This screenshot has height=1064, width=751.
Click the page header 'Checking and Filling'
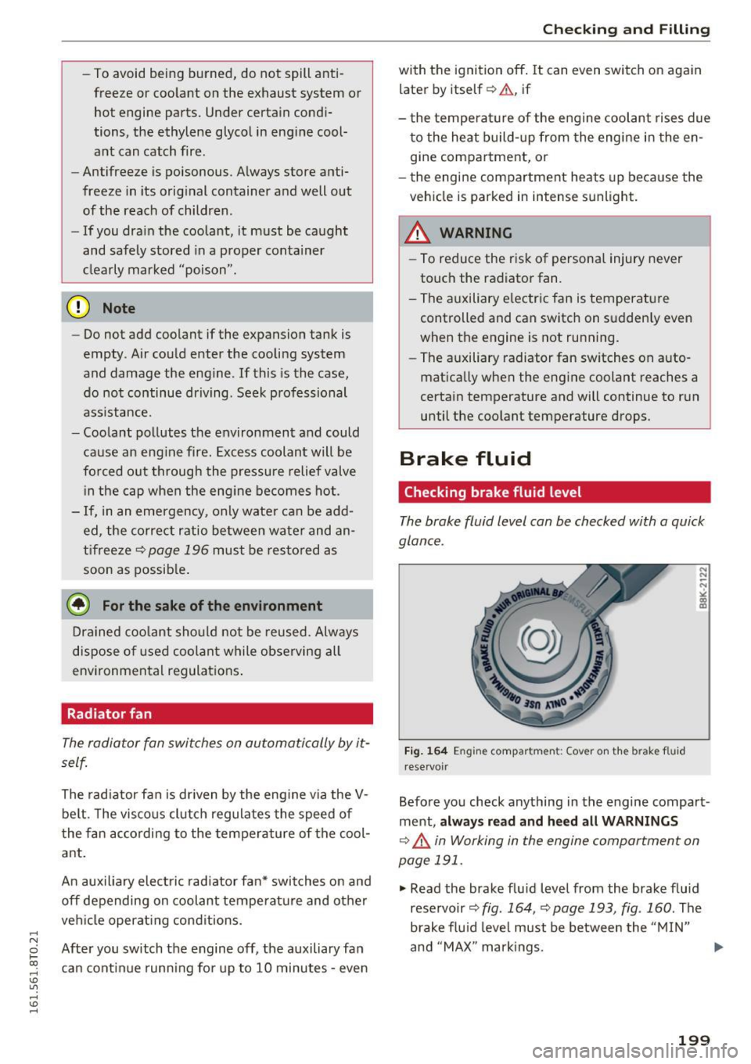(626, 30)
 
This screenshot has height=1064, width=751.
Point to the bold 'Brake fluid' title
(465, 459)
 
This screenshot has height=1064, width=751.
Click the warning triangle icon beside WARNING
(419, 233)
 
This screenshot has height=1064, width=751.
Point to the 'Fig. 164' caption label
(426, 751)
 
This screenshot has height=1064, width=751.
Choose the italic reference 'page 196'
(178, 550)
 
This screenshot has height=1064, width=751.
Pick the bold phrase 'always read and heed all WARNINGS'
(559, 822)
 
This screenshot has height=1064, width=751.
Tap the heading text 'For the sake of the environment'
(212, 606)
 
